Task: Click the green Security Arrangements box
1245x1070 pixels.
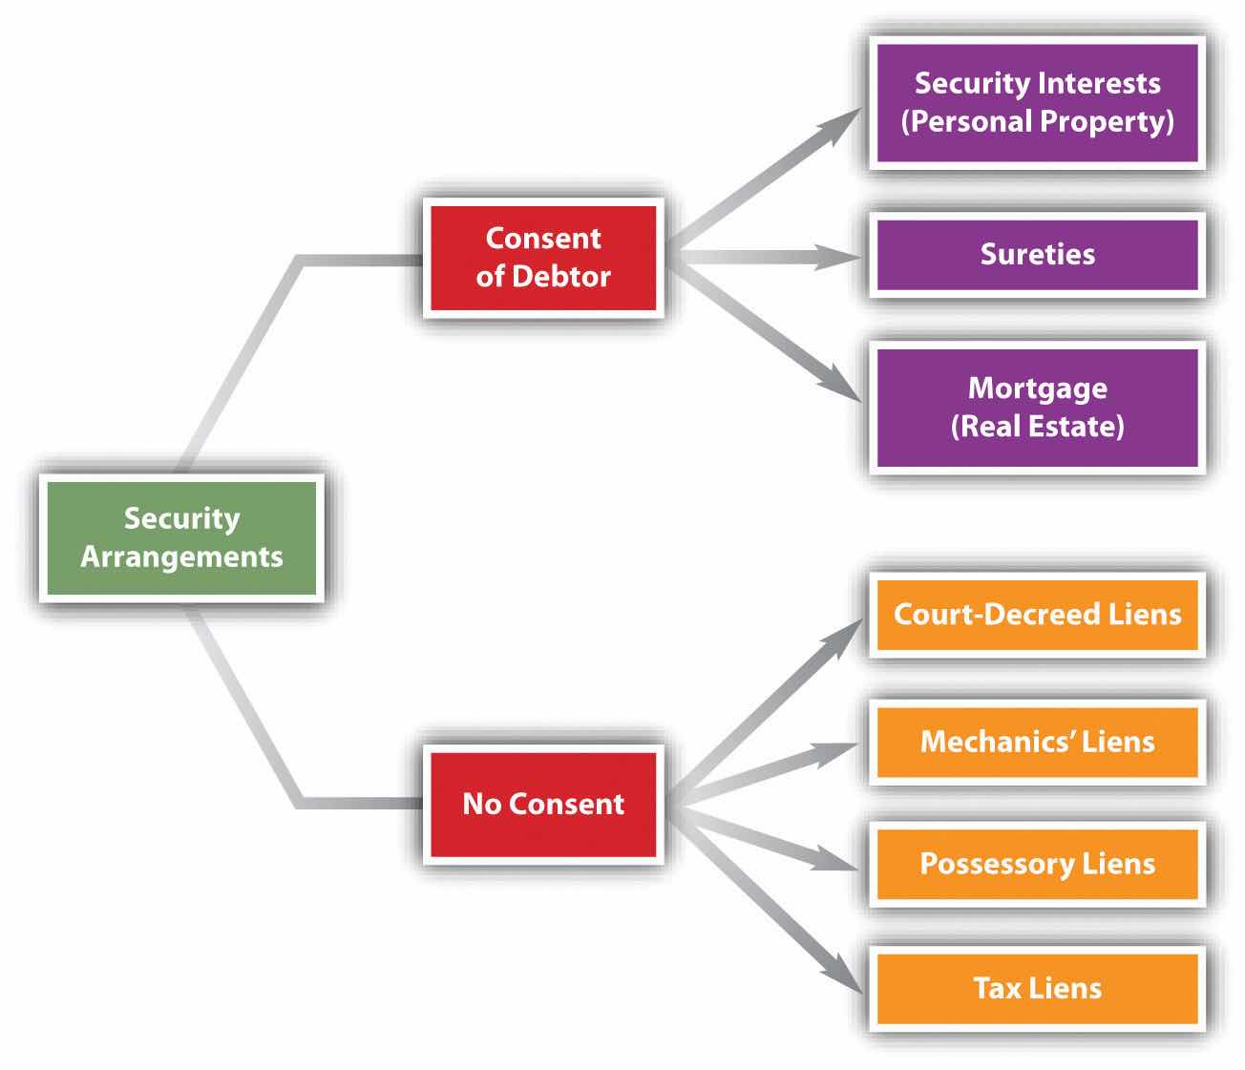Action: (181, 538)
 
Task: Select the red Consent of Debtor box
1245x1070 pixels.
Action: (543, 258)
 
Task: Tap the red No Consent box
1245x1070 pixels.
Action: (543, 805)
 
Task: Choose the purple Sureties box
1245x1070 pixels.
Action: (1037, 255)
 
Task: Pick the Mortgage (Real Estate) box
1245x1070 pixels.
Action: (1037, 408)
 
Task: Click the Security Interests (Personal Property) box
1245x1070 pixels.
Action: (1037, 102)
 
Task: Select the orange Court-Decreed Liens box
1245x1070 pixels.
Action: (1037, 615)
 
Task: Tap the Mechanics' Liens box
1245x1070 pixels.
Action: (1037, 743)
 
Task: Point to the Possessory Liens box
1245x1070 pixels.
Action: (1037, 865)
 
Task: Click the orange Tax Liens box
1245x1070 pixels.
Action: (1037, 988)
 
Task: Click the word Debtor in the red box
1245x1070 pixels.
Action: (561, 277)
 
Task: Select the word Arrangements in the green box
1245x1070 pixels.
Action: (181, 557)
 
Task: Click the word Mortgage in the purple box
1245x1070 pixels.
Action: (1037, 388)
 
